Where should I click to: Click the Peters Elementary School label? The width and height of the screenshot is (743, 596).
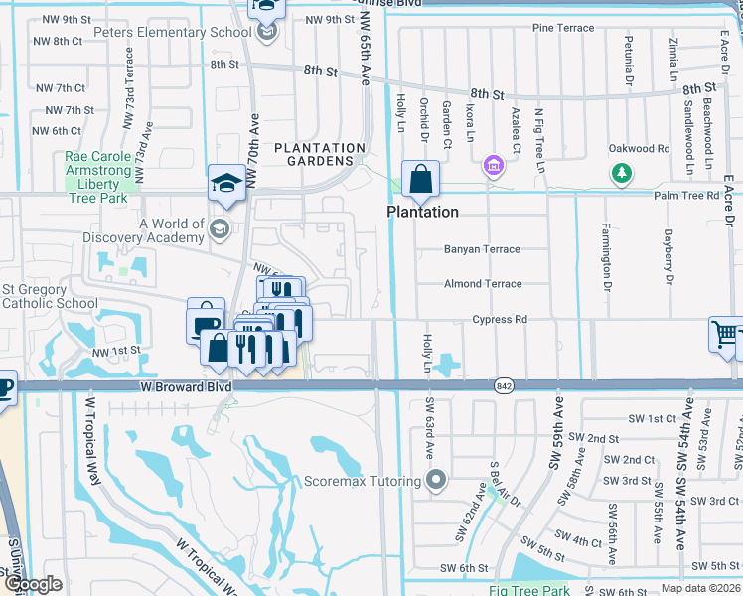[173, 32]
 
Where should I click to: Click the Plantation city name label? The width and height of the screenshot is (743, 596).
[422, 213]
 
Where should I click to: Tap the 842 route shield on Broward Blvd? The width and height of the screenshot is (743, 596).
[502, 384]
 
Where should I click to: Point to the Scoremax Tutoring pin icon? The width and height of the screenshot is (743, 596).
[435, 482]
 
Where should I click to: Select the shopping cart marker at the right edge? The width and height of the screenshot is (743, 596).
[725, 335]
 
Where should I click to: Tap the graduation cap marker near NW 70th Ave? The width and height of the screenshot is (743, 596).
[226, 184]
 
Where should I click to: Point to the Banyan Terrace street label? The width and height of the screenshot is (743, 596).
[483, 249]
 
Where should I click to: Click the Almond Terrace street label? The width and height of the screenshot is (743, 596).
[483, 284]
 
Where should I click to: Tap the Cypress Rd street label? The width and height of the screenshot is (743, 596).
[500, 320]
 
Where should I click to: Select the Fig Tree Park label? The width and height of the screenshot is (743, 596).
[528, 591]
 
